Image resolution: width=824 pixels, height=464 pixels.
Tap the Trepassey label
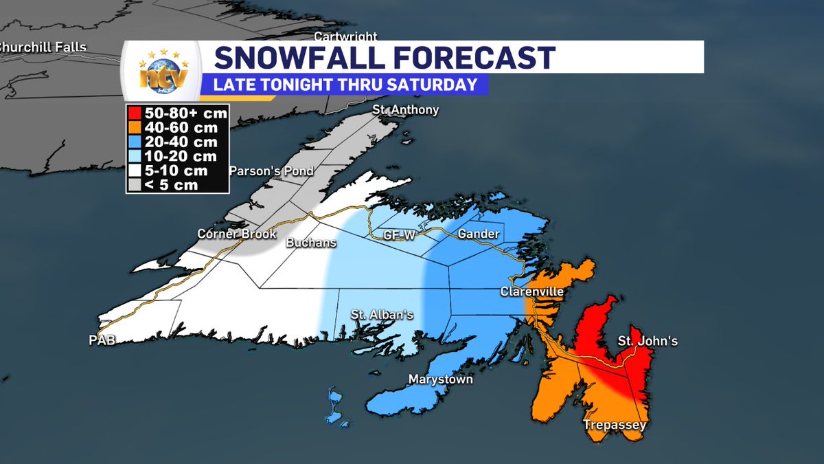point(615,426)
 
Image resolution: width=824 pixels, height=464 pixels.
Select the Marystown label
point(441,379)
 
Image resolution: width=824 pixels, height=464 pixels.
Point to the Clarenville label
point(531,292)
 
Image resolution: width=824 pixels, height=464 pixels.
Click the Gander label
point(478,234)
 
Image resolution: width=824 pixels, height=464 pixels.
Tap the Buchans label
point(311,243)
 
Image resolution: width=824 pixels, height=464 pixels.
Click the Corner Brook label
point(236,234)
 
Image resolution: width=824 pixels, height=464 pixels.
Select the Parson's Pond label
point(271,170)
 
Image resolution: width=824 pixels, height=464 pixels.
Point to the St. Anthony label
point(405,110)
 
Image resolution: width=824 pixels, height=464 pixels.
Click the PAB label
point(101,340)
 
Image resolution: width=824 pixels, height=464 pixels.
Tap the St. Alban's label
point(382,315)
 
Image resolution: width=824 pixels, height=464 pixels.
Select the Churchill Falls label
point(43,47)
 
